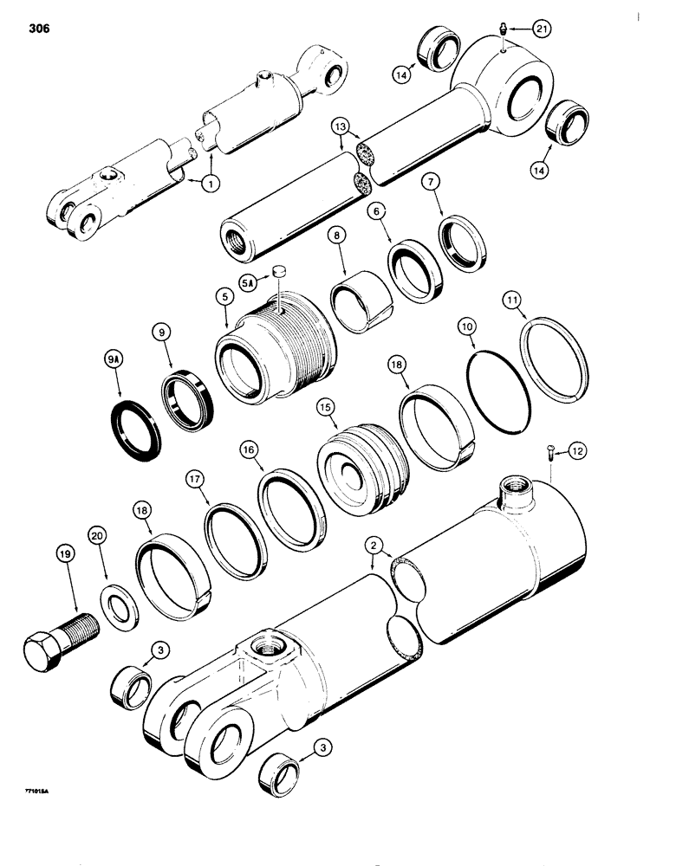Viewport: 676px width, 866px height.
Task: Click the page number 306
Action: pyautogui.click(x=38, y=29)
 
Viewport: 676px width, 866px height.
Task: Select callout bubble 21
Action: pyautogui.click(x=541, y=29)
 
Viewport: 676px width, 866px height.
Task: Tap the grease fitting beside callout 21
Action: pyautogui.click(x=504, y=33)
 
